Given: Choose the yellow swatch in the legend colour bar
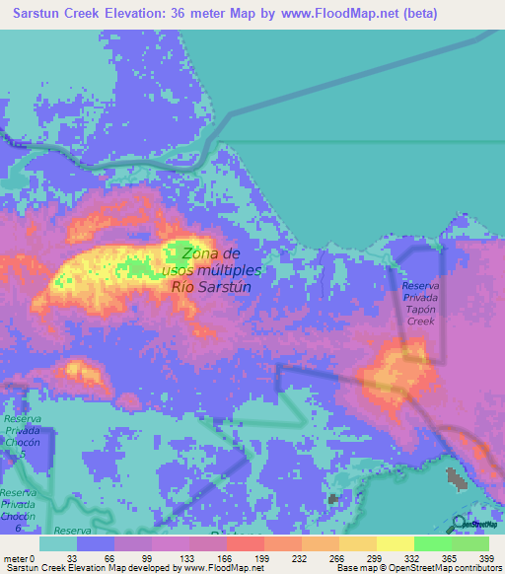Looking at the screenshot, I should click(395, 543).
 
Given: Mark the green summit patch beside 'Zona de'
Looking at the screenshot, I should click(180, 251).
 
